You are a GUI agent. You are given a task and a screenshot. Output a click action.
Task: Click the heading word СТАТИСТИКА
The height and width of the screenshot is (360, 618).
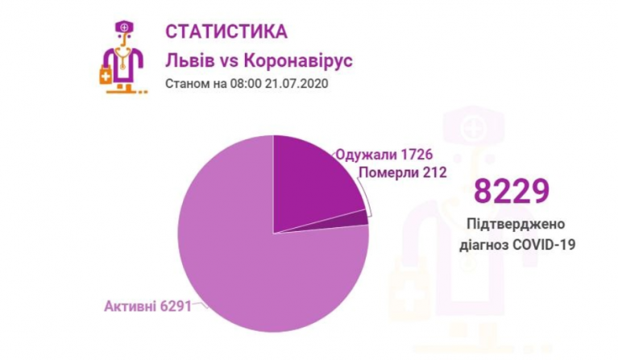[x=226, y=31]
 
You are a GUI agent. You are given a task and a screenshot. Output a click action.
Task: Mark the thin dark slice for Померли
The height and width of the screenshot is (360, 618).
[x=360, y=217]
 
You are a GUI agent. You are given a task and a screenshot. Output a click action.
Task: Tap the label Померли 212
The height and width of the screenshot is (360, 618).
[x=401, y=172]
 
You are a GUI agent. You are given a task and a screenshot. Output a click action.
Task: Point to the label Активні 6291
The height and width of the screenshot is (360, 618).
[x=147, y=306]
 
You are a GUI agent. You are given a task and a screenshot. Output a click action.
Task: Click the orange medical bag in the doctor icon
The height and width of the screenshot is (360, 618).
[x=106, y=76]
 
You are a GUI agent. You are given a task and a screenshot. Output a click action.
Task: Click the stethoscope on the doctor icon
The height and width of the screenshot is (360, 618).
[x=123, y=56]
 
